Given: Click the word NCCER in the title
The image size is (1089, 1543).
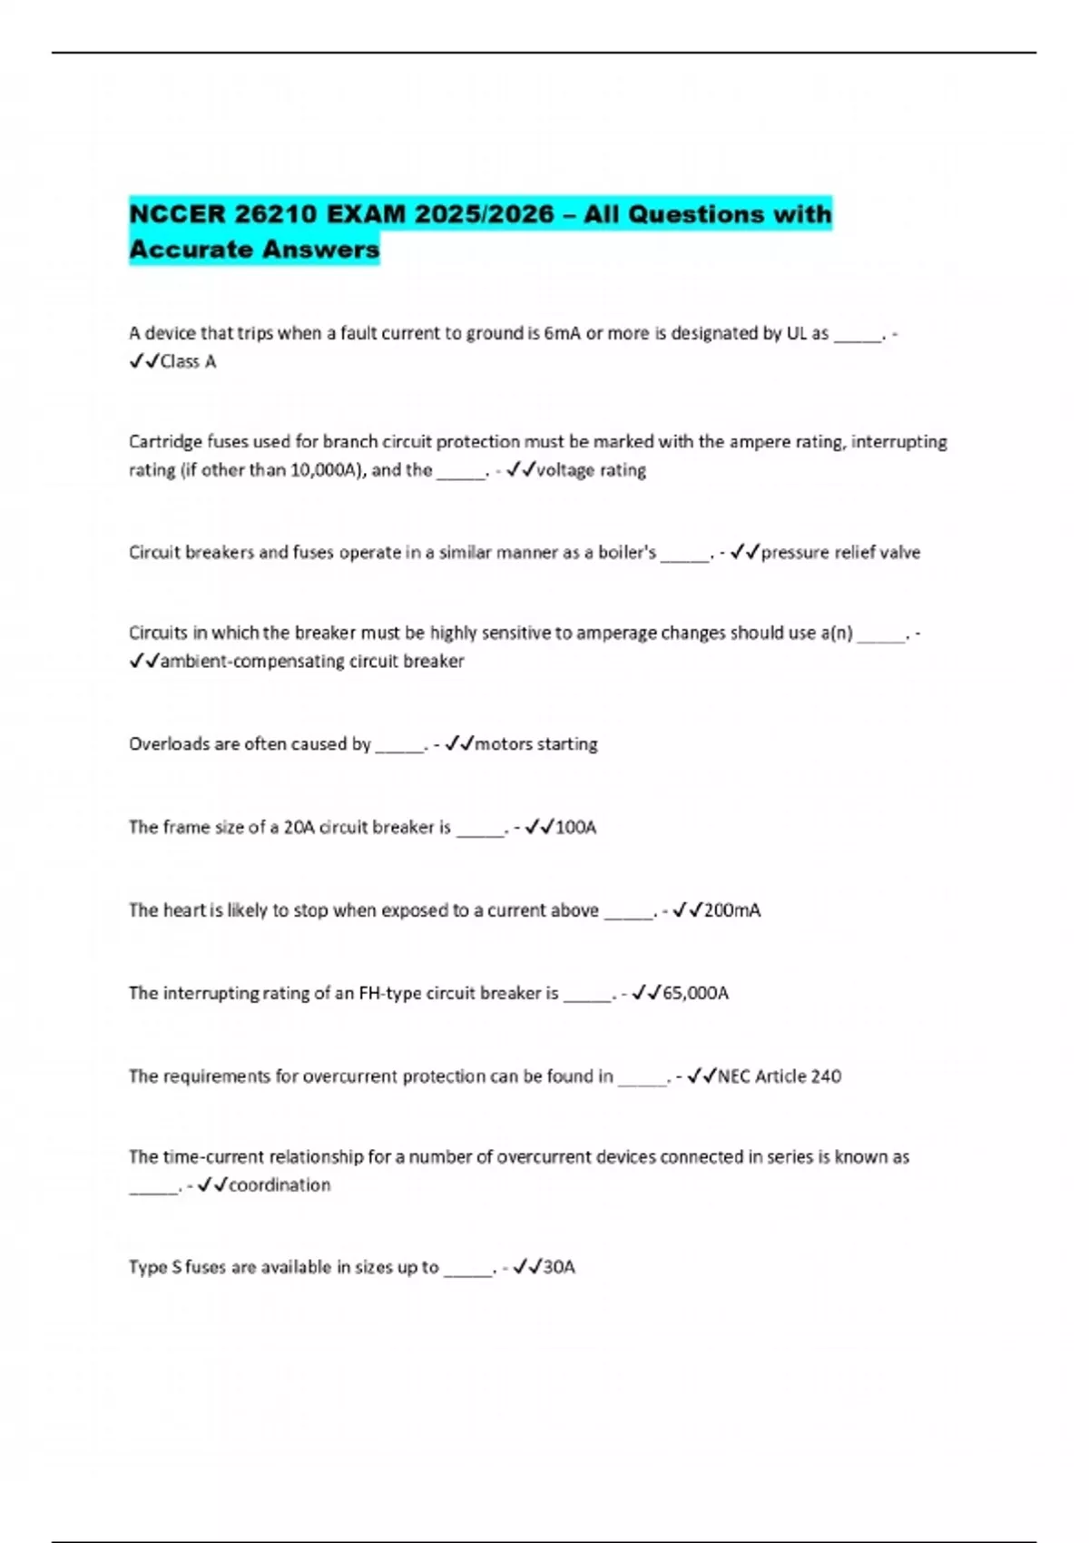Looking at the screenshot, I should point(177,214).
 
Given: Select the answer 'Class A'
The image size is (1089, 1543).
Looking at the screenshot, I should point(188,361).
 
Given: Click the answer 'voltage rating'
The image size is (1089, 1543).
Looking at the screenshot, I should point(591,470).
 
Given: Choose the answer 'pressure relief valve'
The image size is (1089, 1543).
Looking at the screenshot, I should point(840,552).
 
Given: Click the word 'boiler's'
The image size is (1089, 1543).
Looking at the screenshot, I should point(627,552).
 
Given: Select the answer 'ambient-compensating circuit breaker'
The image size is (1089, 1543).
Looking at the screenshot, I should point(312,661).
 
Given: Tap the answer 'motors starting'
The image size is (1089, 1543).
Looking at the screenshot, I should point(536,744).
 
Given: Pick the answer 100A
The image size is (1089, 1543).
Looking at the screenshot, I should point(575,827).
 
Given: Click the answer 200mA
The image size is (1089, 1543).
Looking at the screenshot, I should point(731,910).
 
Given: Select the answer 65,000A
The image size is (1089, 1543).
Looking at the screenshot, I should point(695,993).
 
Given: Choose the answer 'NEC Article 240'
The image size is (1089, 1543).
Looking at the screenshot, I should point(780,1076).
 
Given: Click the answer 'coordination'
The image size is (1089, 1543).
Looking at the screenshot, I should point(280,1184).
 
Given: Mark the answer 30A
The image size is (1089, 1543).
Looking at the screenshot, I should point(559,1267).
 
